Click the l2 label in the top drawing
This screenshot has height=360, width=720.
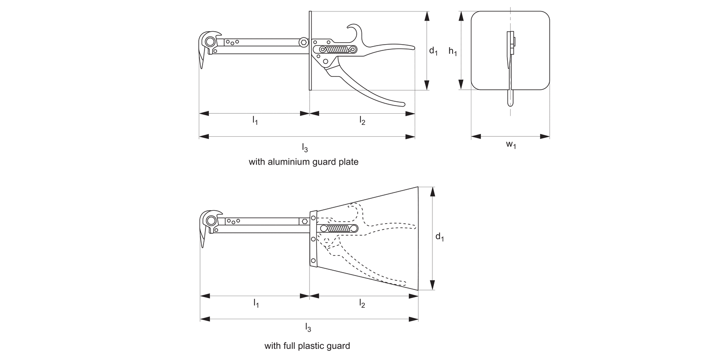(362, 121)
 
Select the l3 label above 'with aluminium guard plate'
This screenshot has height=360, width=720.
(305, 147)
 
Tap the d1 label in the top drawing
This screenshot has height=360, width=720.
(433, 51)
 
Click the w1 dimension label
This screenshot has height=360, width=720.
(511, 145)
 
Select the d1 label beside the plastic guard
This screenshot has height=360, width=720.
(439, 237)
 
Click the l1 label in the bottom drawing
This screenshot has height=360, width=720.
(256, 304)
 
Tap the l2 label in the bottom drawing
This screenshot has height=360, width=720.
(362, 304)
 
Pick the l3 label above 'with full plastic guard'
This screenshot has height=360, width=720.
(308, 328)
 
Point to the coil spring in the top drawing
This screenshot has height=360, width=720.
(338, 49)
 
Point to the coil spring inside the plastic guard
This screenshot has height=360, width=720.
(338, 229)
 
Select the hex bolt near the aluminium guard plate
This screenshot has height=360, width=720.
(303, 43)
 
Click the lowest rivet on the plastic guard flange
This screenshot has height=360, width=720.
(313, 261)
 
